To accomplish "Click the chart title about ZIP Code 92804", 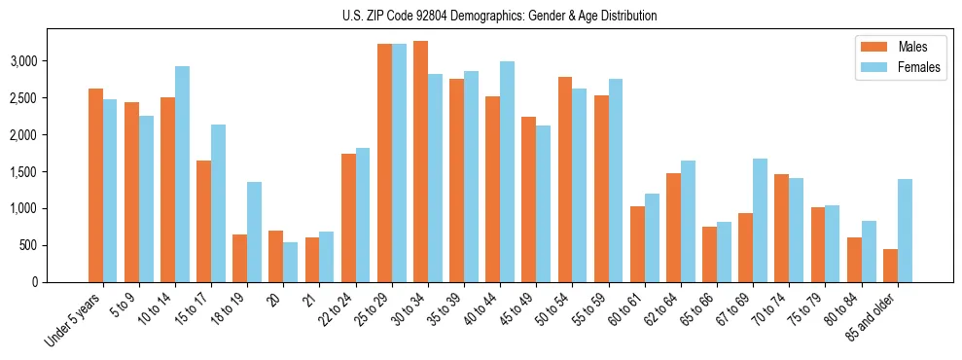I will coord(499,16).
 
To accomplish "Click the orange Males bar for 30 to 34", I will coord(420,162).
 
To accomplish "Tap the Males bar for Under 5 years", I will coord(95,185).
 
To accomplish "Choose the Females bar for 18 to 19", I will coord(254,232).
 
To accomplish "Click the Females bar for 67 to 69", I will coord(760,220).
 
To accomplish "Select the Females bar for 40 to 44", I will coord(507,171).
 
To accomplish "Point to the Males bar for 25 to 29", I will coord(384,162).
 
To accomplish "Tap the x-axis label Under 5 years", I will coord(76,322).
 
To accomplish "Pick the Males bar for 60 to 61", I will coord(637,244).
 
